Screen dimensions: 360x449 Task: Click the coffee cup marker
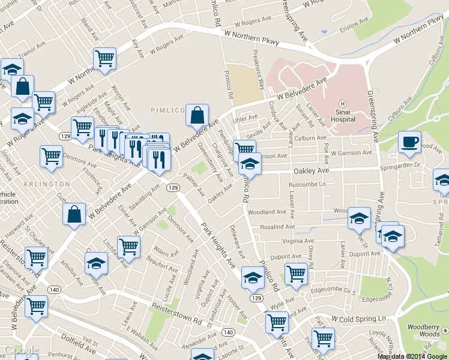tap(410, 142)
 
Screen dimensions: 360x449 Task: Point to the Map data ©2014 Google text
tap(412, 356)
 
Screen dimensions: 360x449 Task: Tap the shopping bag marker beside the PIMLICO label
tap(197, 114)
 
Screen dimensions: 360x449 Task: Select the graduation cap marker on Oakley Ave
tap(250, 163)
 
